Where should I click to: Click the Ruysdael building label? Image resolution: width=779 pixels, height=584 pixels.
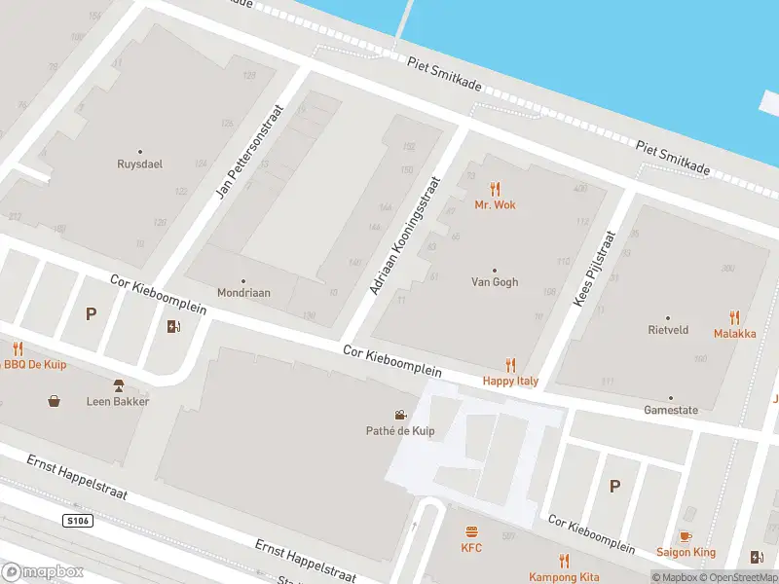pos(139,164)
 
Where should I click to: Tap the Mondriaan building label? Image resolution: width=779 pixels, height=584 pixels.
pos(242,292)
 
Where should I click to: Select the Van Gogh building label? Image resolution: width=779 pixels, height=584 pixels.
pos(494,282)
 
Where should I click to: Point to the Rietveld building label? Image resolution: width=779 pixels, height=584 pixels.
pos(668,330)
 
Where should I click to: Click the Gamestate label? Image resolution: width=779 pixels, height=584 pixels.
pos(671,410)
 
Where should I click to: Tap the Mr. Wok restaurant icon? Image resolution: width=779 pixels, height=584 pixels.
pos(495,189)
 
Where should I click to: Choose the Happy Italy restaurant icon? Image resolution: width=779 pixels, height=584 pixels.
pos(510,366)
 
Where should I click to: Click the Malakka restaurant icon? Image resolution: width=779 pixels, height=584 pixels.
pos(734,317)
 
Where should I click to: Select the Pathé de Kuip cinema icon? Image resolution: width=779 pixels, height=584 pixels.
pos(400,416)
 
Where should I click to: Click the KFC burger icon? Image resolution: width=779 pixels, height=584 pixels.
pos(471,532)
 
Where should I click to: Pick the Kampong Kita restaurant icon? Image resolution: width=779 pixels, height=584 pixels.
pos(563,561)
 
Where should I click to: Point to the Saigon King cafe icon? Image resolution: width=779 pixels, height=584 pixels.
pos(685,537)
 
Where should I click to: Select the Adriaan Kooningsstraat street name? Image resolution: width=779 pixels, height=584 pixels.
pos(405,235)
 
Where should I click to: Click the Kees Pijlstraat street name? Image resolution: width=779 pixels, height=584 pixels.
pos(594,269)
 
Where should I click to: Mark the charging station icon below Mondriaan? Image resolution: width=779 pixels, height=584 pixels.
pos(173,326)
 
